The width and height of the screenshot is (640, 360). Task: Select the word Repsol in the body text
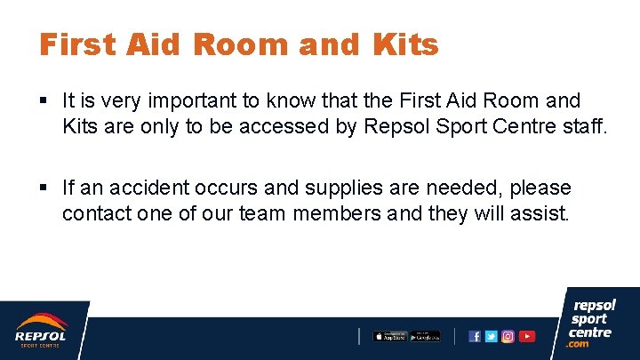click(x=394, y=126)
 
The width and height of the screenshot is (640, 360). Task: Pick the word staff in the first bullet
click(x=581, y=126)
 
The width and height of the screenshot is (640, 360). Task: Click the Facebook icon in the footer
click(x=475, y=336)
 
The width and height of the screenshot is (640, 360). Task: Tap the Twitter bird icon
click(x=491, y=336)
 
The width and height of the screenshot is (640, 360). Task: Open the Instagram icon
click(x=508, y=336)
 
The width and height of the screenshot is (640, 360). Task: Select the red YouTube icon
click(x=527, y=336)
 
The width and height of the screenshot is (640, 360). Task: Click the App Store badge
click(x=389, y=336)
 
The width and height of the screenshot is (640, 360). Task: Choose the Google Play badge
click(x=425, y=336)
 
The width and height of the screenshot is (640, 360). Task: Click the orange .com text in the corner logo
click(x=579, y=344)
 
